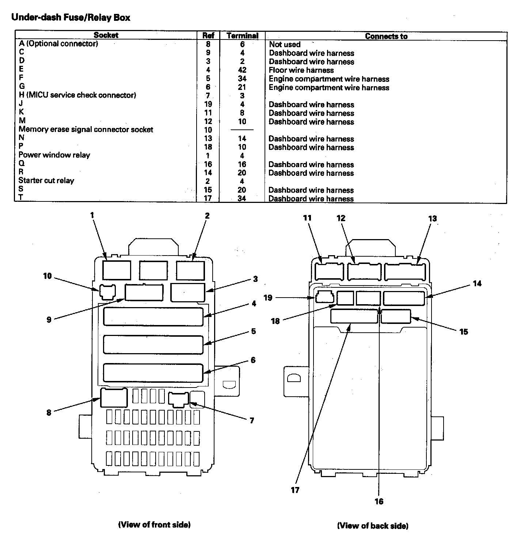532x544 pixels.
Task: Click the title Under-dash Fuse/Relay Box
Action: (71, 18)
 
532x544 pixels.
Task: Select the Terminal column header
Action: (242, 36)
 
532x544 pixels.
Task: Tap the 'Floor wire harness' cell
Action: (301, 70)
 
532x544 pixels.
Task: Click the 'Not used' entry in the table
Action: (285, 45)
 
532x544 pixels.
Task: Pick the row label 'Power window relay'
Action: (54, 155)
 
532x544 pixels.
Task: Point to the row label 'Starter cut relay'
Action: (46, 181)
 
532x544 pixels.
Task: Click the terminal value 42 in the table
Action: (242, 70)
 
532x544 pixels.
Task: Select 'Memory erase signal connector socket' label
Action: (86, 130)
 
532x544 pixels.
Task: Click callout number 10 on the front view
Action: (47, 276)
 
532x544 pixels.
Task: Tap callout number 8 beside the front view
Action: (49, 413)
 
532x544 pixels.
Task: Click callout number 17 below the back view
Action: (295, 490)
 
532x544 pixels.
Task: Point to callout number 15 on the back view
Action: (463, 332)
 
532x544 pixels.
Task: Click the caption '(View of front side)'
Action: (154, 525)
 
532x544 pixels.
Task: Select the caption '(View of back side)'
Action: (372, 526)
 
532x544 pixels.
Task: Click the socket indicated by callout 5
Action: (153, 344)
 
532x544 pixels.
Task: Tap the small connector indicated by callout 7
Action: (178, 399)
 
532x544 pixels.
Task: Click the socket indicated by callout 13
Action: (404, 272)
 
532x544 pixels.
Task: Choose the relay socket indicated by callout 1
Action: (117, 270)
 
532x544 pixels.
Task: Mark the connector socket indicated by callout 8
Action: (114, 398)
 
